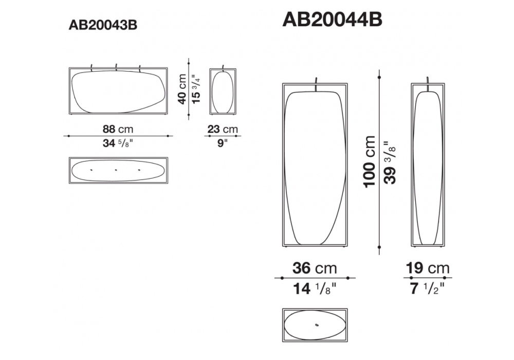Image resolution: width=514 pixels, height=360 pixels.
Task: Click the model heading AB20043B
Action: [x=103, y=25]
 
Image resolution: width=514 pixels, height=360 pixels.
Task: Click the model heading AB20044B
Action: [x=332, y=20]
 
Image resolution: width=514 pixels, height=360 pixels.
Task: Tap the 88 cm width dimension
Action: [x=118, y=129]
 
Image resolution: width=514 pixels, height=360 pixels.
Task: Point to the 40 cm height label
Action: [x=182, y=89]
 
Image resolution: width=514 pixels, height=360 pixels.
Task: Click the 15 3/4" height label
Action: [x=196, y=88]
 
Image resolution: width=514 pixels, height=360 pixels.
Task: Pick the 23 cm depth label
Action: [x=223, y=129]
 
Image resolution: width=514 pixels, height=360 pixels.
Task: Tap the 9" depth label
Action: [x=223, y=143]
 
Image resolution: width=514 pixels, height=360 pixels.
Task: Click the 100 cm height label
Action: [x=370, y=161]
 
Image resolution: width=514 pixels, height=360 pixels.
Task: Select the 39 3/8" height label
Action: [x=390, y=163]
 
